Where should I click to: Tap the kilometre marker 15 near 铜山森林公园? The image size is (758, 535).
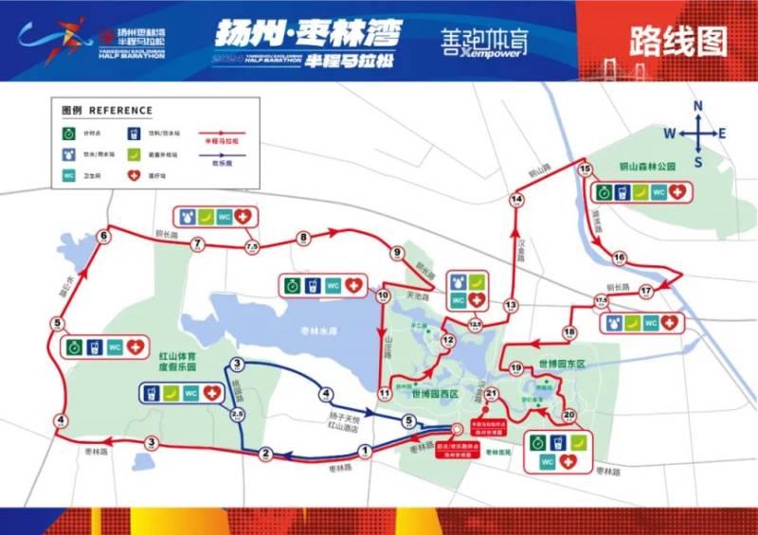point(584,169)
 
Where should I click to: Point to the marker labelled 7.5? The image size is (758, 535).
point(252,247)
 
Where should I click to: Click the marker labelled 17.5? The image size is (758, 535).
point(600,302)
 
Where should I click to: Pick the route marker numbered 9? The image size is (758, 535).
point(397,253)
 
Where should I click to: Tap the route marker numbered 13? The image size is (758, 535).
point(512,305)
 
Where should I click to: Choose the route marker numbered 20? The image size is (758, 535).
point(568,415)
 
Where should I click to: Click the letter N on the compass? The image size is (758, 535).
point(697,105)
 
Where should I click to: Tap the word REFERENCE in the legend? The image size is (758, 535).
point(119,109)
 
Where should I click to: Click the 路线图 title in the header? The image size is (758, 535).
point(677,42)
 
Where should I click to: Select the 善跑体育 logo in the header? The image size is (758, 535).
point(484,41)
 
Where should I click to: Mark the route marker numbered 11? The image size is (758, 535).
point(385,392)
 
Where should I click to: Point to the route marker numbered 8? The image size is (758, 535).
point(303,239)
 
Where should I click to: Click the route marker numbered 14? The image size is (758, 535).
point(516,200)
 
